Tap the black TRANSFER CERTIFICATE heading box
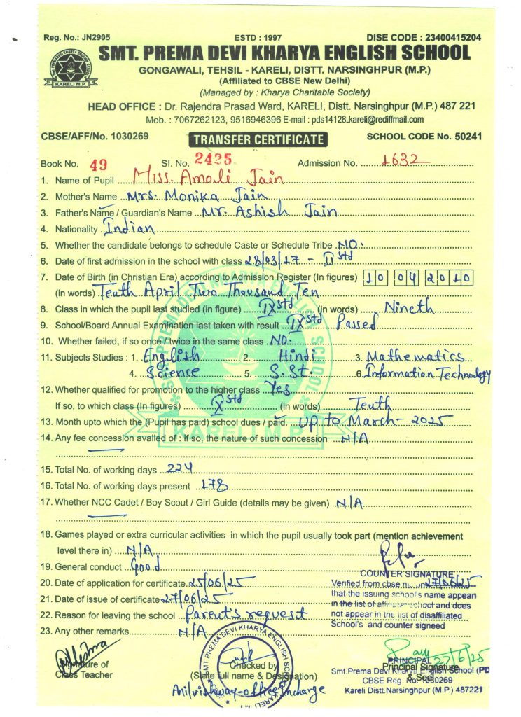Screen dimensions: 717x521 coord(259,139)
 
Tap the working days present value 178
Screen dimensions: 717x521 coord(210,485)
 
